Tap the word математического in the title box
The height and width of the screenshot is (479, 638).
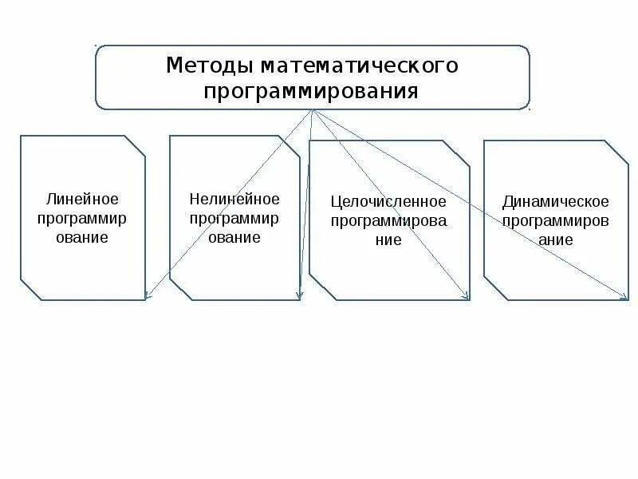tap(359, 65)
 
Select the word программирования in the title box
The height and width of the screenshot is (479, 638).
tap(311, 90)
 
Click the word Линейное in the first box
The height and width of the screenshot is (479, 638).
tap(82, 198)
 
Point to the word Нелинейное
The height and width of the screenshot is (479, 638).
tap(234, 198)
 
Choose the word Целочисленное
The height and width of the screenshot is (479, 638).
tap(388, 201)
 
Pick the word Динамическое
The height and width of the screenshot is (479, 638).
tap(556, 201)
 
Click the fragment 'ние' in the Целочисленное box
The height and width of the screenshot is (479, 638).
tap(388, 240)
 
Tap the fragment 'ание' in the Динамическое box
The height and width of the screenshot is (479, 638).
tap(556, 239)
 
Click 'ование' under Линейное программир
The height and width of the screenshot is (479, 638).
tap(82, 237)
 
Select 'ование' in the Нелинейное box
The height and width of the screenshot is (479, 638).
tap(234, 237)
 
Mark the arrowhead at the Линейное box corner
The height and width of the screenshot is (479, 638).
tap(147, 298)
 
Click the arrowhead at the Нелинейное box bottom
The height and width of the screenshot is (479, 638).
tap(299, 296)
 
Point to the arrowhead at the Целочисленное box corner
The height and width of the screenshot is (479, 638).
tap(467, 298)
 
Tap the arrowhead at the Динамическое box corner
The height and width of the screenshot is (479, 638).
tap(625, 298)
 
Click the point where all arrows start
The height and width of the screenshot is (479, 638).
tap(313, 111)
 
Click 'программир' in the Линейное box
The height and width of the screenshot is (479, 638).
tap(82, 217)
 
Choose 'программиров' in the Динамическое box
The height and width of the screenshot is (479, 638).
tap(556, 220)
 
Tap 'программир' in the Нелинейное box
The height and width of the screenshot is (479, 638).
tap(234, 217)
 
